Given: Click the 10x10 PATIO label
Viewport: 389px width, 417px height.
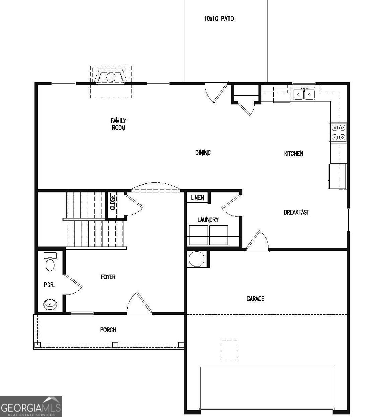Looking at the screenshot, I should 219,19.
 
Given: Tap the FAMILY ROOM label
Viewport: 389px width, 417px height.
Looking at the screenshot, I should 118,124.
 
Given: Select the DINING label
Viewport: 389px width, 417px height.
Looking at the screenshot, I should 203,153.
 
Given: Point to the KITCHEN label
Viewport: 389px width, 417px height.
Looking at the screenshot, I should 294,153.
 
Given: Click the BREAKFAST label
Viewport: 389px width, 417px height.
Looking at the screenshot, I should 296,212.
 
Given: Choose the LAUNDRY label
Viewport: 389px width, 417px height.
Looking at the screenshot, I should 208,220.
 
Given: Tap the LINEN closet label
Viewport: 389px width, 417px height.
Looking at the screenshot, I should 197,198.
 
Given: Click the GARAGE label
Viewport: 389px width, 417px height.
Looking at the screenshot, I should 255,299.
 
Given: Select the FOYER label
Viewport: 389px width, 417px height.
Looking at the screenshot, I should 108,277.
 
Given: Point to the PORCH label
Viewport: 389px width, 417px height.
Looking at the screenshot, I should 108,330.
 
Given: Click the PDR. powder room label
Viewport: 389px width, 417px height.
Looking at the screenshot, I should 49,285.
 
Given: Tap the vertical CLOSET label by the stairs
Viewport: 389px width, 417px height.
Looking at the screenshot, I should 112,202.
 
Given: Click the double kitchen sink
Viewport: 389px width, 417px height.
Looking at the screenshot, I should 304,94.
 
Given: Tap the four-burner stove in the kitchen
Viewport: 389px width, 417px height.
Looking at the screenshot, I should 338,132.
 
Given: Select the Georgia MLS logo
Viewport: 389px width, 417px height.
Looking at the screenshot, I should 31,406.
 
